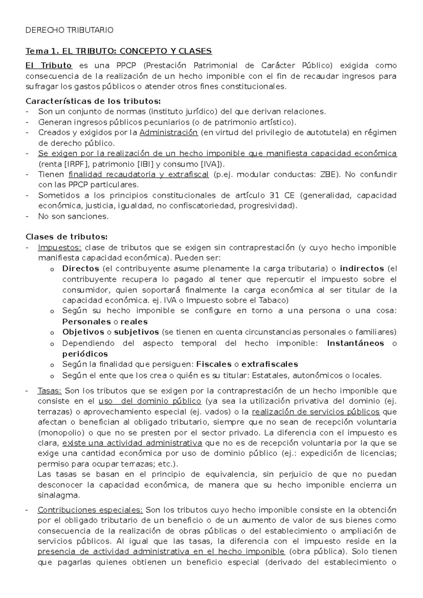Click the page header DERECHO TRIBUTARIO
(x=69, y=30)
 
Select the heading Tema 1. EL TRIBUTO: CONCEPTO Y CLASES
(x=118, y=51)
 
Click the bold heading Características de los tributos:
(x=93, y=102)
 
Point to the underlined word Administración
(x=168, y=133)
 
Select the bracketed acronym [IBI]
(x=145, y=164)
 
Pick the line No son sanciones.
(x=73, y=216)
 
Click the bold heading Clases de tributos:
(x=67, y=237)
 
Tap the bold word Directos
(x=81, y=269)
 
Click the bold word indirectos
(x=362, y=269)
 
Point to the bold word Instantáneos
(x=355, y=343)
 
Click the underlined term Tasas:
(x=50, y=391)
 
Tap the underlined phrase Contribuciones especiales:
(x=90, y=510)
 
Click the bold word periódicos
(x=85, y=354)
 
